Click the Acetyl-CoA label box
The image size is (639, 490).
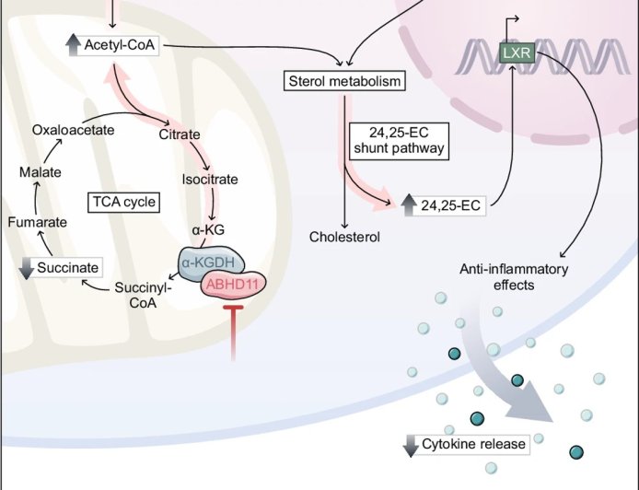pyautogui.click(x=113, y=44)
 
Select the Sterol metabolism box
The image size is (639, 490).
pyautogui.click(x=343, y=82)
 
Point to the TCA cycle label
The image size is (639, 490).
pyautogui.click(x=123, y=201)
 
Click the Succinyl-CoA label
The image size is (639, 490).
pyautogui.click(x=139, y=295)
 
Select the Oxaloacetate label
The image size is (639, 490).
pyautogui.click(x=73, y=130)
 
